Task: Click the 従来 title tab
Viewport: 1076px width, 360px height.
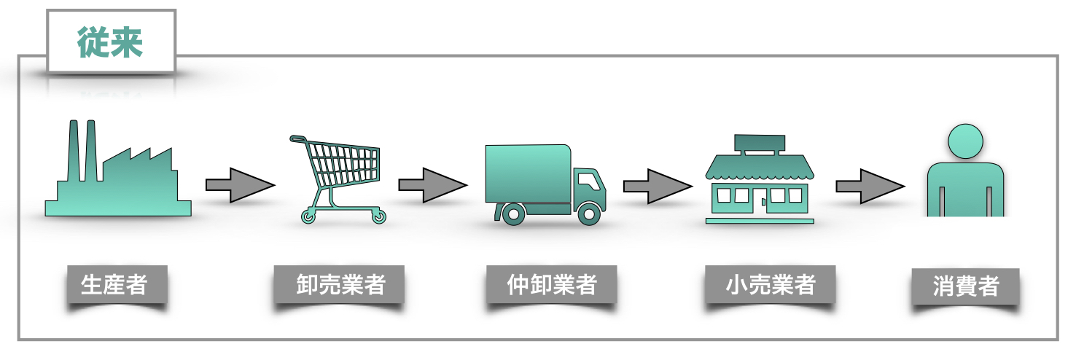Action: (x=111, y=42)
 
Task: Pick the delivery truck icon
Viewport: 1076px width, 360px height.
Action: (x=544, y=182)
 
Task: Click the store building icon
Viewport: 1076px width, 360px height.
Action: (x=759, y=181)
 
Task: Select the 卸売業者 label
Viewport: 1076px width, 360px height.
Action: (x=339, y=284)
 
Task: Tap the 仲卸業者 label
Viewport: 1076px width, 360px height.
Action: (x=551, y=284)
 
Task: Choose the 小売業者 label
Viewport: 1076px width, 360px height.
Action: (x=769, y=284)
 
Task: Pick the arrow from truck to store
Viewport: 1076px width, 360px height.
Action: (x=657, y=186)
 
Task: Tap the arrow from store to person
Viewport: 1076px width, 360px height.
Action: (x=870, y=186)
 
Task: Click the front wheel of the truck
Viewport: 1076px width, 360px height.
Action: (x=588, y=213)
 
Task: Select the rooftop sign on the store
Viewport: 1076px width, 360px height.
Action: (x=760, y=144)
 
